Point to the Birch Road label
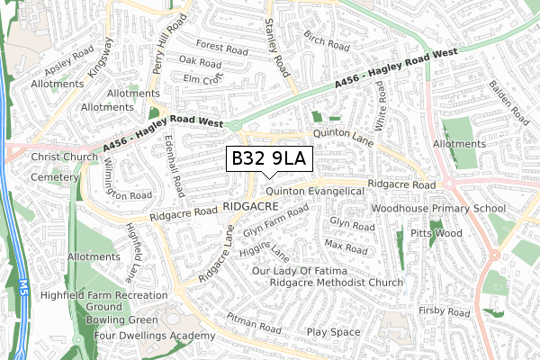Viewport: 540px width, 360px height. coord(326,40)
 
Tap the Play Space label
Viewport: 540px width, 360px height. coord(333,332)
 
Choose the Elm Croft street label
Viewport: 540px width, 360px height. coord(202,78)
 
